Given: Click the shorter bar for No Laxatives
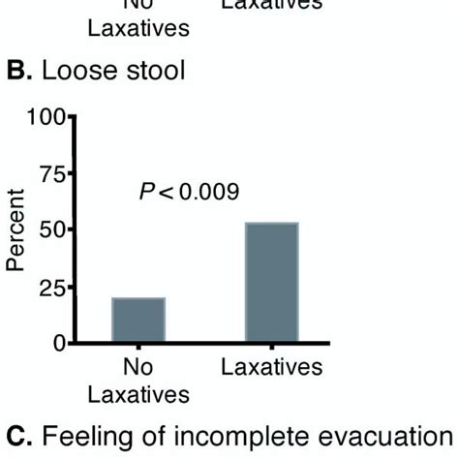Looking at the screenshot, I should click(138, 320).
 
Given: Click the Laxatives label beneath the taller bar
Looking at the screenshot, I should click(271, 369).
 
